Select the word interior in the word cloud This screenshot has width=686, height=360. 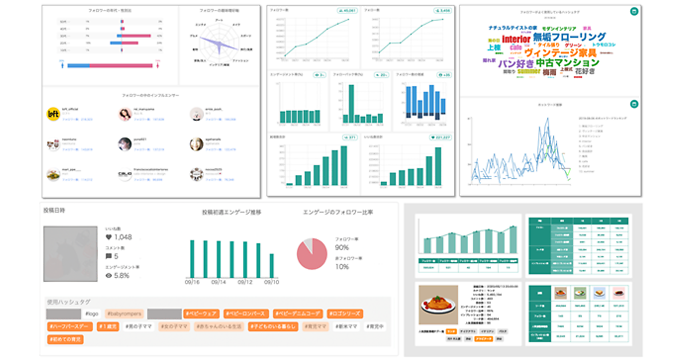(x=516, y=39)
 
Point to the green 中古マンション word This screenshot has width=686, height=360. (x=568, y=62)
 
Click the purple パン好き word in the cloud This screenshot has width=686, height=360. (x=516, y=63)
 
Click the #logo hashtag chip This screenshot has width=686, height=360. (x=92, y=314)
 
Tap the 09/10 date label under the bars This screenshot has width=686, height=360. (x=271, y=282)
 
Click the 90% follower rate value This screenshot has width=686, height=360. (x=342, y=247)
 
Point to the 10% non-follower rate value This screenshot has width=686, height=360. (x=341, y=267)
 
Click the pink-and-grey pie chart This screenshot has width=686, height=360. (x=312, y=254)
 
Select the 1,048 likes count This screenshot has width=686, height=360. (x=123, y=237)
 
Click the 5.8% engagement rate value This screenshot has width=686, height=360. (x=121, y=275)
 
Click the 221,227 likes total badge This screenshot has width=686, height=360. (x=439, y=137)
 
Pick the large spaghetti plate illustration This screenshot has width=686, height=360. (x=437, y=305)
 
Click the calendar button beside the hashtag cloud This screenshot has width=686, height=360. (x=633, y=11)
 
